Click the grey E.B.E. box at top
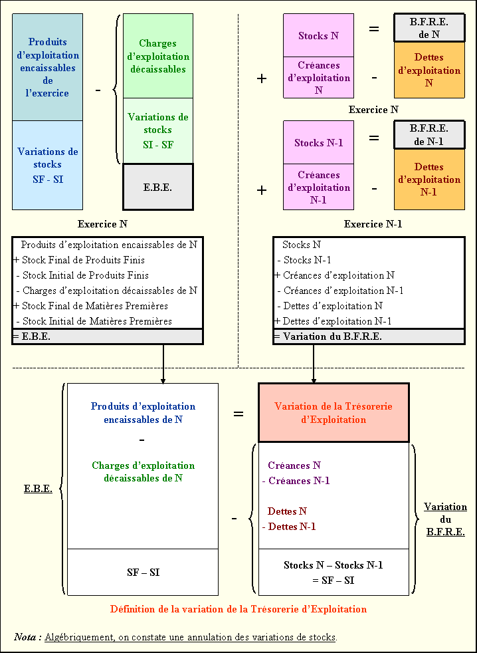(x=158, y=187)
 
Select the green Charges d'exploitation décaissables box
(x=158, y=56)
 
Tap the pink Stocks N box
(x=318, y=35)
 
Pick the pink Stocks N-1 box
(x=318, y=142)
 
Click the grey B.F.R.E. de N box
(x=429, y=27)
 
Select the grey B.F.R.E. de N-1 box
(x=429, y=134)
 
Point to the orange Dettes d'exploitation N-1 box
(x=429, y=180)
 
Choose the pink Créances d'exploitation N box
(x=318, y=78)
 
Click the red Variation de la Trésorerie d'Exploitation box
(x=334, y=412)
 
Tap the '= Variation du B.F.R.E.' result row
(x=369, y=336)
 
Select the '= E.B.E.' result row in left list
(x=107, y=336)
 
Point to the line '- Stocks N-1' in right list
(x=306, y=260)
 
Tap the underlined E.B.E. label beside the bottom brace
(x=38, y=489)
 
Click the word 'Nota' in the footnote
(x=27, y=637)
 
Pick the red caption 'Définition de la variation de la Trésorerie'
(x=238, y=608)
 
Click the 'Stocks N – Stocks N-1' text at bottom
(x=333, y=565)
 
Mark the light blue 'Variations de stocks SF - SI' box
(x=47, y=165)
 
